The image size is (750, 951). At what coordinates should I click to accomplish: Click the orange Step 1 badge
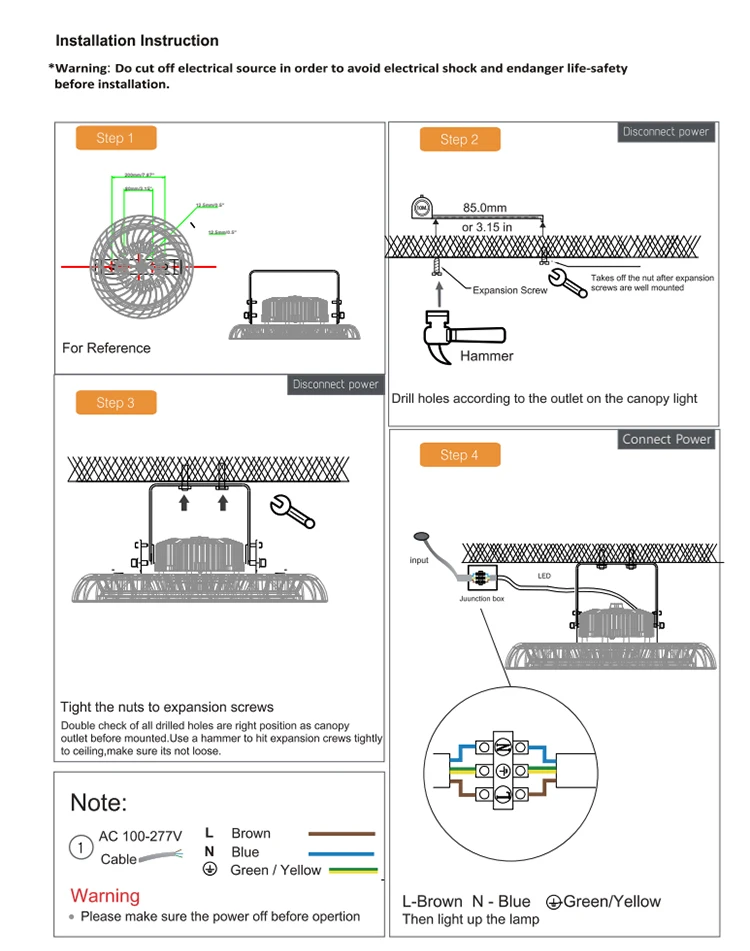coord(116,138)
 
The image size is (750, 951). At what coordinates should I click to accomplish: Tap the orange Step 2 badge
coord(459,139)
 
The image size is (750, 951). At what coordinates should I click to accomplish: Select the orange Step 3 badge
coord(116,403)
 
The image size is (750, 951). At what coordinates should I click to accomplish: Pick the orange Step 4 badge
coord(459,455)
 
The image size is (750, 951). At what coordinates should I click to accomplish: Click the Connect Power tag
coord(666,439)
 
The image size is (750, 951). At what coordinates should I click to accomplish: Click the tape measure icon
coord(422,209)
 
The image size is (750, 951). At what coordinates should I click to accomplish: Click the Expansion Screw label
coord(510,290)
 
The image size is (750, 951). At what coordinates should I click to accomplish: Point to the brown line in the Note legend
coord(341,833)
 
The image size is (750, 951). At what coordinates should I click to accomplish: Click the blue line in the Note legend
coord(341,853)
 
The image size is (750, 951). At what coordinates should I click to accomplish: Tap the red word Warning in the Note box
coord(105,895)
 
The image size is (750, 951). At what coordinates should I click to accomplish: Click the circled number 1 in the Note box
coord(81,847)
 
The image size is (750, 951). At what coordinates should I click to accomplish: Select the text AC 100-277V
coord(140,836)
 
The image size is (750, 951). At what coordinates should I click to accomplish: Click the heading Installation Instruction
coord(137,41)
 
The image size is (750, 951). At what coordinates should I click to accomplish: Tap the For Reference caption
coord(106,348)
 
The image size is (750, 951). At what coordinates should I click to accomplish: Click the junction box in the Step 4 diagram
coord(481,578)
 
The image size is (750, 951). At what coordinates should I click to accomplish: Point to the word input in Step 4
coord(419,560)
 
